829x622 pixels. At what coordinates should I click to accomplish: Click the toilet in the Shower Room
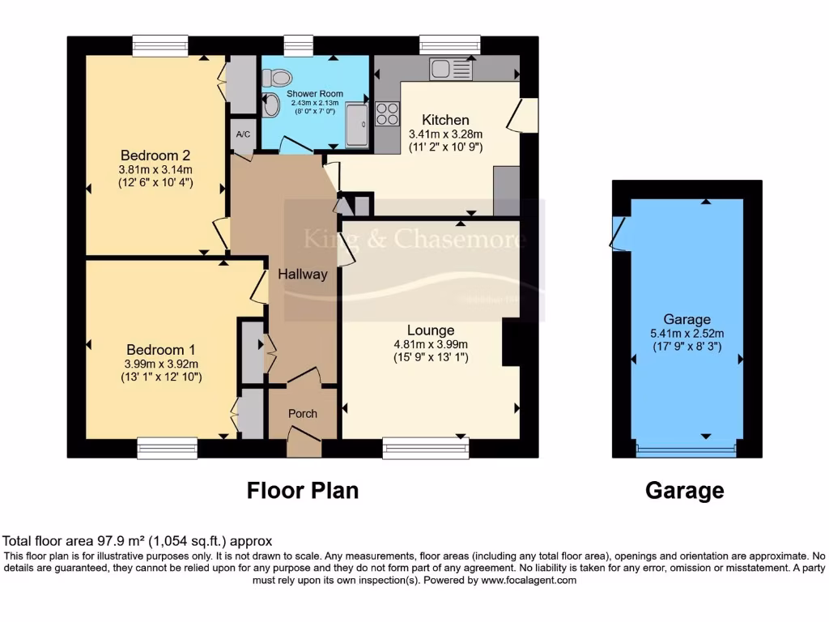(278, 78)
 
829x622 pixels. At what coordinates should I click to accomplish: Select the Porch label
(303, 414)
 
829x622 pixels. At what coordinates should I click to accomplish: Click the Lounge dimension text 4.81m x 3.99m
(431, 344)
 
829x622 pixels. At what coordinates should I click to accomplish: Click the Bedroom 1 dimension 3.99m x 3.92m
(162, 364)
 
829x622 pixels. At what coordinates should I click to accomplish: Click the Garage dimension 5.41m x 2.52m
(687, 333)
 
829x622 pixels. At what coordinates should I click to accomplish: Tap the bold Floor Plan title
(302, 490)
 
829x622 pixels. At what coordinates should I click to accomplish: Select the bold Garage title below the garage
(684, 490)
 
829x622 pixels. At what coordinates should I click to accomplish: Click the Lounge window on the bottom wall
(426, 448)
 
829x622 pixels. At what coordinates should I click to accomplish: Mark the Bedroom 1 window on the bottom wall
(167, 448)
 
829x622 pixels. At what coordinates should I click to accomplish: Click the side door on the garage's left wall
(619, 233)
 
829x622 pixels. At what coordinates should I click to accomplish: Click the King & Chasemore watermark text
(414, 239)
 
